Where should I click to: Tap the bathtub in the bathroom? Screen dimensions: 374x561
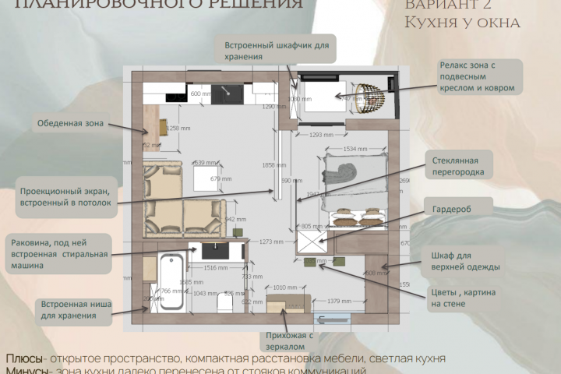(x=167, y=283)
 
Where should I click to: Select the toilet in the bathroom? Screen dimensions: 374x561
(x=226, y=304)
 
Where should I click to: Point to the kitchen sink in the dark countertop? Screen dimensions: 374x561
(x=228, y=93)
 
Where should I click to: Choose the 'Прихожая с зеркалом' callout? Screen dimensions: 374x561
(x=288, y=341)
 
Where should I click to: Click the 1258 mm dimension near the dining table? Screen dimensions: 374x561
(x=179, y=128)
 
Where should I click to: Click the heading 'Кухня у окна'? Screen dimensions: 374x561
(x=462, y=23)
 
